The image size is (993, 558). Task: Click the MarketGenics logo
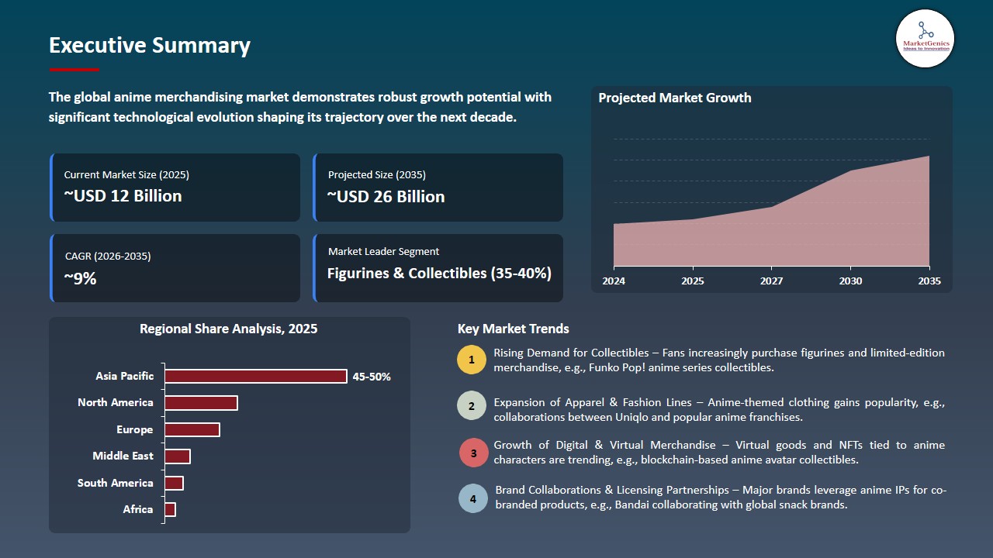[x=925, y=38]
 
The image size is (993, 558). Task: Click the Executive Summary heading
[x=150, y=46]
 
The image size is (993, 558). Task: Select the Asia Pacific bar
[x=255, y=376]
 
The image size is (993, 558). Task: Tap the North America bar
[x=201, y=403]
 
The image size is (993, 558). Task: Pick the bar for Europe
[x=192, y=429]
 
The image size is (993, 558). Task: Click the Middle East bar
[x=177, y=456]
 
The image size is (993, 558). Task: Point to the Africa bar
[x=170, y=509]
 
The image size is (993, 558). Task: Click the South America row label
[x=115, y=483]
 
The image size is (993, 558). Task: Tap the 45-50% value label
[x=372, y=377]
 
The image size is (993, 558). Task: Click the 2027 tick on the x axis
[x=771, y=281]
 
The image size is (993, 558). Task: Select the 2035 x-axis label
[x=929, y=281]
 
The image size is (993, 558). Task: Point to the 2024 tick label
[x=614, y=281]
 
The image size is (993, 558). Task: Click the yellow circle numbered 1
[x=472, y=360]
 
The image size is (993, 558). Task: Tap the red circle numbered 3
[x=473, y=453]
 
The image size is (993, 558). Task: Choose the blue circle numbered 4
[x=473, y=498]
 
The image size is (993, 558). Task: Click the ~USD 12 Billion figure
[x=123, y=196]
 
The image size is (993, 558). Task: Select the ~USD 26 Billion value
[x=386, y=197]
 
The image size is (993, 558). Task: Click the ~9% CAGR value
[x=80, y=278]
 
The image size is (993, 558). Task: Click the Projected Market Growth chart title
[x=674, y=98]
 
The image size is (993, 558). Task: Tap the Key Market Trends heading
[x=513, y=329]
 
